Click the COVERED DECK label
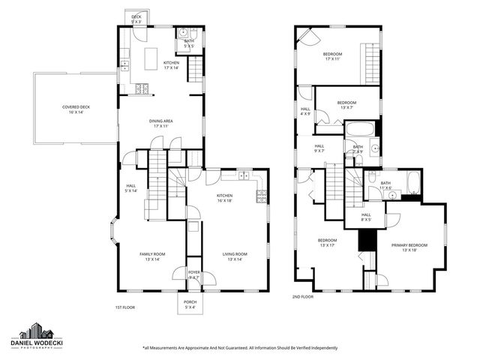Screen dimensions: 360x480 tap(76, 109)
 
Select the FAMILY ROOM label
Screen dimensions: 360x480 tap(151, 257)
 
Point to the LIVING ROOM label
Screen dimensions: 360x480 tap(234, 257)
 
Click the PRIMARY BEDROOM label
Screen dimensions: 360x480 tap(409, 247)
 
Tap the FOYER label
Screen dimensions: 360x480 tap(194, 274)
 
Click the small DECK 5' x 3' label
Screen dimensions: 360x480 tap(136, 19)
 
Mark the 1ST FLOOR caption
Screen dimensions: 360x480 tap(124, 307)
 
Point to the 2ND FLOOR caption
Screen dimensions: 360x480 tap(303, 297)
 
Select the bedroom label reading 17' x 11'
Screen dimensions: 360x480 tap(332, 57)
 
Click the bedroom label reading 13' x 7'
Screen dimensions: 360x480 tap(346, 104)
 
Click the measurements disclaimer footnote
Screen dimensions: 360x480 tap(240, 348)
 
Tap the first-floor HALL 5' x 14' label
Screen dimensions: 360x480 tap(130, 188)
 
